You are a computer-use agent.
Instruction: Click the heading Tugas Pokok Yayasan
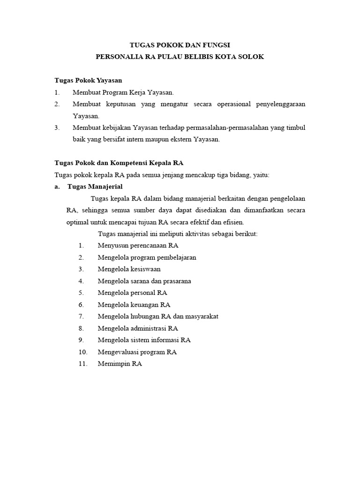point(88,81)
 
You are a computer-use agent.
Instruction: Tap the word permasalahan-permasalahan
point(223,127)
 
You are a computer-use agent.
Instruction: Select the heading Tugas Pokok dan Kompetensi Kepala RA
point(119,163)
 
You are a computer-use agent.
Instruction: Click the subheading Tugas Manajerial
point(95,187)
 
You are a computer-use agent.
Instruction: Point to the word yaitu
point(261,175)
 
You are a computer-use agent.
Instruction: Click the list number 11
point(83,363)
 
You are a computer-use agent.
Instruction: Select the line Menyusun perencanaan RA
point(138,245)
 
